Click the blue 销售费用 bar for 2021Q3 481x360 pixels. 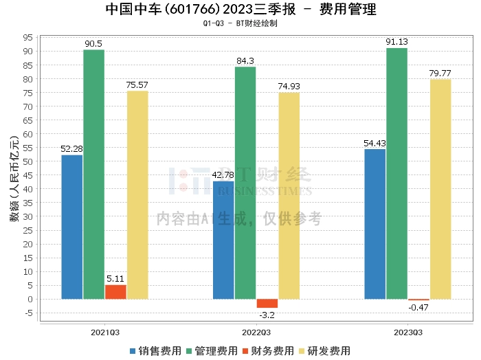pos(71,227)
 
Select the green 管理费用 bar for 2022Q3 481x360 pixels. pos(245,183)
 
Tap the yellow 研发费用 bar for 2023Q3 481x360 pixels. pos(440,189)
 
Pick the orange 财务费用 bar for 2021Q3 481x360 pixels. pos(115,292)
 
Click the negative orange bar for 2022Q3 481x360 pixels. pos(267,303)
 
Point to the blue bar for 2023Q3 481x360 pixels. pos(374,224)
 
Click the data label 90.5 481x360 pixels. pos(93,44)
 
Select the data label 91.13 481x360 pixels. pos(397,42)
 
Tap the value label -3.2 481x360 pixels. pos(267,315)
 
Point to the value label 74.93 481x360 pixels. pos(289,87)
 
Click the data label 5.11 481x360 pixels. pos(115,279)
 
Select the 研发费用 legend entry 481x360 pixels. pos(321,350)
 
